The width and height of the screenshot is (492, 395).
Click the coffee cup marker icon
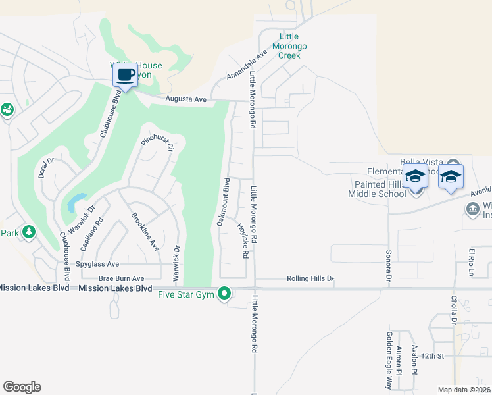[126, 74]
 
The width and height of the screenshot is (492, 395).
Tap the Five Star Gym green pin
[225, 293]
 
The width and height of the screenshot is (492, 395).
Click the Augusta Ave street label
[185, 99]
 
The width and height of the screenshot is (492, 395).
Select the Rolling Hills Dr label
[310, 279]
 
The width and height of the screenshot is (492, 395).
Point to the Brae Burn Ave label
[121, 279]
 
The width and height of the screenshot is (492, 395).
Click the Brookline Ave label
[145, 231]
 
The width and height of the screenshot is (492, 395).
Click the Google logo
[22, 386]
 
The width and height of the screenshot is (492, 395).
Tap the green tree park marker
[28, 232]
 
